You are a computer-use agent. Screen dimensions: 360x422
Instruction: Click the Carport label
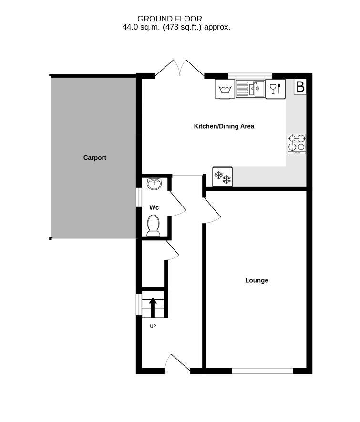pyautogui.click(x=95, y=158)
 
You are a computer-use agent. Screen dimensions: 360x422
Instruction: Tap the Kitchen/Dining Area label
pyautogui.click(x=224, y=126)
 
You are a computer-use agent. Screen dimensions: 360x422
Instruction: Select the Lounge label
pyautogui.click(x=257, y=280)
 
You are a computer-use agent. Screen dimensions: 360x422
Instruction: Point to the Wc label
pyautogui.click(x=154, y=207)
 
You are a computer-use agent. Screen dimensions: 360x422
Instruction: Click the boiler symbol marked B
pyautogui.click(x=300, y=87)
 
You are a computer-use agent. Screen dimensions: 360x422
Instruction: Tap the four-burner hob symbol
pyautogui.click(x=297, y=144)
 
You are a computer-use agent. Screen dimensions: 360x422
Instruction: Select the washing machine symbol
pyautogui.click(x=225, y=89)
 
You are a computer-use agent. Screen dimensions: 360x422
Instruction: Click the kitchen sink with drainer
pyautogui.click(x=250, y=89)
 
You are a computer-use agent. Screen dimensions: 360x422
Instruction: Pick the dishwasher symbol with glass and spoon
pyautogui.click(x=275, y=89)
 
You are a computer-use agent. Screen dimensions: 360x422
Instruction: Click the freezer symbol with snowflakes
pyautogui.click(x=223, y=177)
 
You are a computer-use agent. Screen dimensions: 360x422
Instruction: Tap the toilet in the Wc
pyautogui.click(x=154, y=225)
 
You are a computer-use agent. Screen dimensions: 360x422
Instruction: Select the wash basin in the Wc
pyautogui.click(x=154, y=184)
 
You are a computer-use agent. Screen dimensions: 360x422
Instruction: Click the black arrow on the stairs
pyautogui.click(x=153, y=308)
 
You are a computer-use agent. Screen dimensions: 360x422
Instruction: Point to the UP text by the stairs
pyautogui.click(x=153, y=326)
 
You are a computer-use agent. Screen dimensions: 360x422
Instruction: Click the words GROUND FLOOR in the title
pyautogui.click(x=169, y=19)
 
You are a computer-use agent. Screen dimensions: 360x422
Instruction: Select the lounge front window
pyautogui.click(x=262, y=371)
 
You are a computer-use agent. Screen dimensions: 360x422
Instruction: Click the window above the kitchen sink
pyautogui.click(x=250, y=76)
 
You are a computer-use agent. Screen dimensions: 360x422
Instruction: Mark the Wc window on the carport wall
pyautogui.click(x=139, y=197)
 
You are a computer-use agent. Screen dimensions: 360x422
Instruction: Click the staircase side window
pyautogui.click(x=139, y=304)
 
